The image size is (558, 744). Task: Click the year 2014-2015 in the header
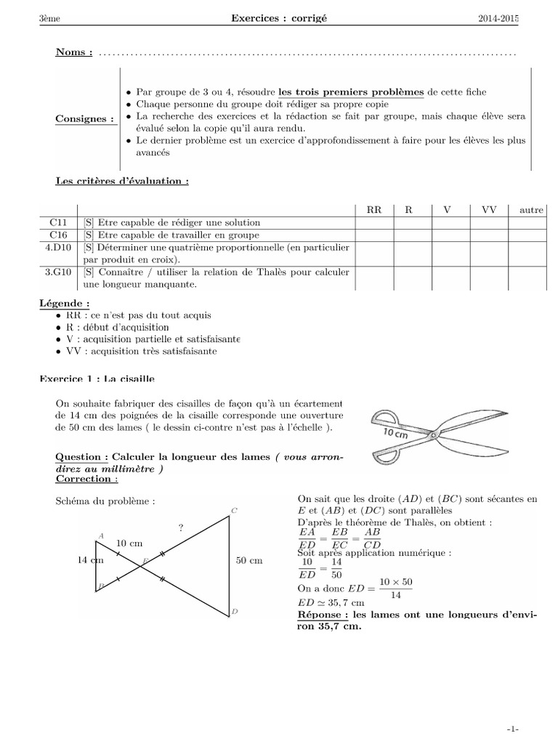coord(498,20)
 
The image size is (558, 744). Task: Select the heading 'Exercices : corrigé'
coord(279,20)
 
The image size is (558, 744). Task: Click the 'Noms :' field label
coord(74,53)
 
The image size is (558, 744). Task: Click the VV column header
coord(488,210)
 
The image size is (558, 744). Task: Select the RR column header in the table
coord(374,210)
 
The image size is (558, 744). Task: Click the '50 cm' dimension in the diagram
coord(249,561)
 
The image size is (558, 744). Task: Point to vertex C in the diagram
coord(234,511)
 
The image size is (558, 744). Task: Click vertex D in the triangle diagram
coord(235,612)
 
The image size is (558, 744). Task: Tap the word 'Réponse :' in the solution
coord(321,615)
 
